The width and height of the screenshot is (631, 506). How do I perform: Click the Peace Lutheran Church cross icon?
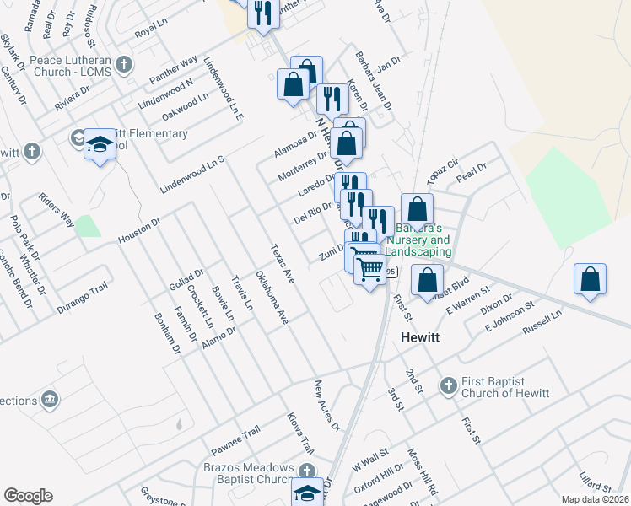124,64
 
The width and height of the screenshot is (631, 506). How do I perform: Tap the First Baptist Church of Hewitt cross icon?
448,386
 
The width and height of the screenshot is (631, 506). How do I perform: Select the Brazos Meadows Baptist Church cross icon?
308,471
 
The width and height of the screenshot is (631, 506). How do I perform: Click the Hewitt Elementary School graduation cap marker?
100,144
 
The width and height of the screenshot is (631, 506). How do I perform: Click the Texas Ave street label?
282,264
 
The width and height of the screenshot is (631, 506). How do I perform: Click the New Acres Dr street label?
326,406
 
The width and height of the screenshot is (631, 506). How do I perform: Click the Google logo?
28,496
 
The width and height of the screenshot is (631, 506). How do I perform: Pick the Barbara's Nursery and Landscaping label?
418,240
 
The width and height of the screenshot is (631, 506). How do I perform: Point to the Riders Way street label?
56,210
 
